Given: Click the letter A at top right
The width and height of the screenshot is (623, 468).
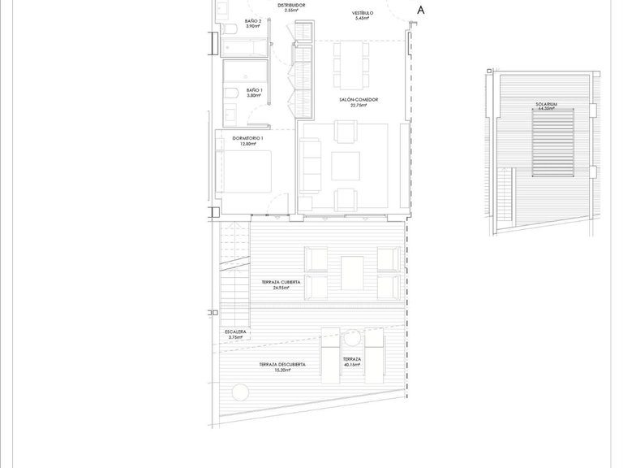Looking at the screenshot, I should (x=419, y=10).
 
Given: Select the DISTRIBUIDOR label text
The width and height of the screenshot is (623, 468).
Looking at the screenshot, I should (x=291, y=5).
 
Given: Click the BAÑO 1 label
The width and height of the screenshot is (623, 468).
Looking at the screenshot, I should (x=253, y=92).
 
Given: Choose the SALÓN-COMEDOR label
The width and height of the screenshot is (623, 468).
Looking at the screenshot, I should (x=359, y=100).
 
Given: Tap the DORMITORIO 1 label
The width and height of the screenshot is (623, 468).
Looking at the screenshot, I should (x=248, y=139).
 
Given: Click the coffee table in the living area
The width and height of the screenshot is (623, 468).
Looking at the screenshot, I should (x=346, y=166).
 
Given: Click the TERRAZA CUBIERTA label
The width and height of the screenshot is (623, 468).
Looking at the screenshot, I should (x=281, y=281).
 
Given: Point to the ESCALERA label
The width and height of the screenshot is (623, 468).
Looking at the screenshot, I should (x=236, y=332).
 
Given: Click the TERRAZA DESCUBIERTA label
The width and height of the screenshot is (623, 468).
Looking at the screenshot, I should (x=282, y=365).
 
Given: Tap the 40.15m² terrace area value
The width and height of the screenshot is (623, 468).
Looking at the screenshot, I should (x=351, y=364).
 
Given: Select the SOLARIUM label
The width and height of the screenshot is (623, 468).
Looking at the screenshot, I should (x=545, y=105).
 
